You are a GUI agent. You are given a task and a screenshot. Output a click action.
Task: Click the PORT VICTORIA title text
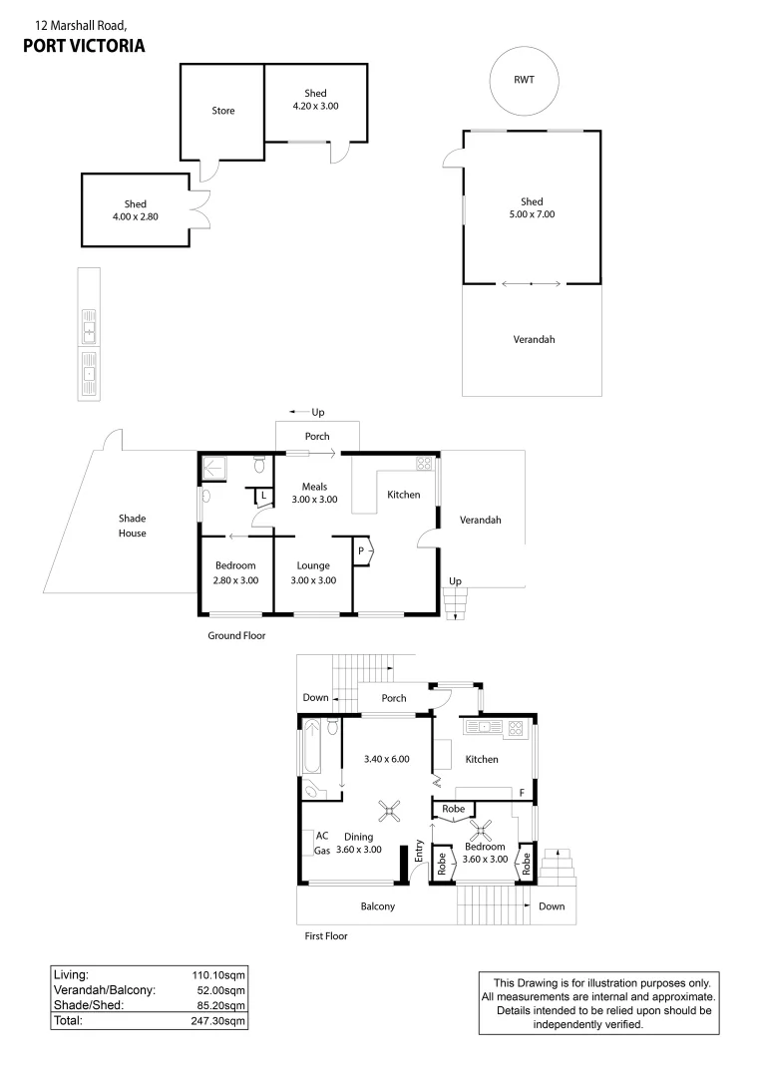pyautogui.click(x=83, y=45)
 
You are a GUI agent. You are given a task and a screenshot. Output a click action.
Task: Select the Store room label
pyautogui.click(x=223, y=111)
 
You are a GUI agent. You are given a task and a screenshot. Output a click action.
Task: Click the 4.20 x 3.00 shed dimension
pyautogui.click(x=315, y=106)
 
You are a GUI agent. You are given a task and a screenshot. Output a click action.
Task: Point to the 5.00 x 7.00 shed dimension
pyautogui.click(x=532, y=213)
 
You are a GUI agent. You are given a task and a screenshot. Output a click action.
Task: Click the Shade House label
pyautogui.click(x=133, y=526)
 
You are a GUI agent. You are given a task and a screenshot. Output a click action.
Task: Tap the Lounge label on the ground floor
pyautogui.click(x=313, y=566)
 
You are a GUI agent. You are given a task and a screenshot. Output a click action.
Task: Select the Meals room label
pyautogui.click(x=315, y=487)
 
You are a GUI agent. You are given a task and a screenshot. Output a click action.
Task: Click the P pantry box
pyautogui.click(x=361, y=549)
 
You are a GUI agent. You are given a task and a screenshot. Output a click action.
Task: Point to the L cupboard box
pyautogui.click(x=262, y=495)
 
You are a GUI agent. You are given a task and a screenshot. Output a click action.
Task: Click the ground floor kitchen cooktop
pyautogui.click(x=423, y=463)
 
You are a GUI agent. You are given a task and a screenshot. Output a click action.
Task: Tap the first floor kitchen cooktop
pyautogui.click(x=515, y=728)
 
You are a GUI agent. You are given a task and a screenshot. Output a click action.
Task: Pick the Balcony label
pyautogui.click(x=378, y=906)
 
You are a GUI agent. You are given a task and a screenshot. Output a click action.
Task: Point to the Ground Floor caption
pyautogui.click(x=236, y=635)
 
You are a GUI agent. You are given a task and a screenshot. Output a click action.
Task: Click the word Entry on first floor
pyautogui.click(x=420, y=854)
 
